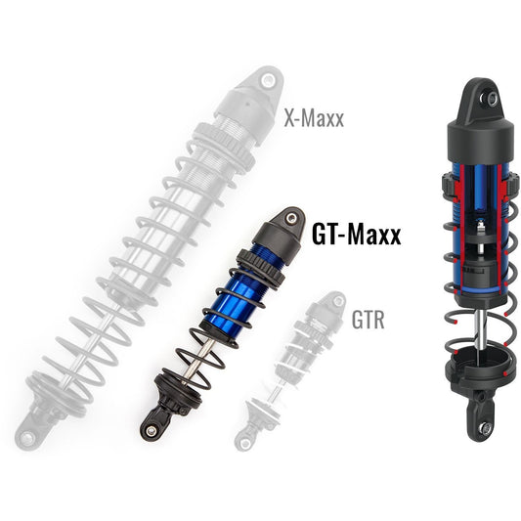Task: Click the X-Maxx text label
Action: pyautogui.click(x=315, y=119)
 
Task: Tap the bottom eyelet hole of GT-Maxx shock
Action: pyautogui.click(x=152, y=427)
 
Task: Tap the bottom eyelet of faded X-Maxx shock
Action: pyautogui.click(x=26, y=439)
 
